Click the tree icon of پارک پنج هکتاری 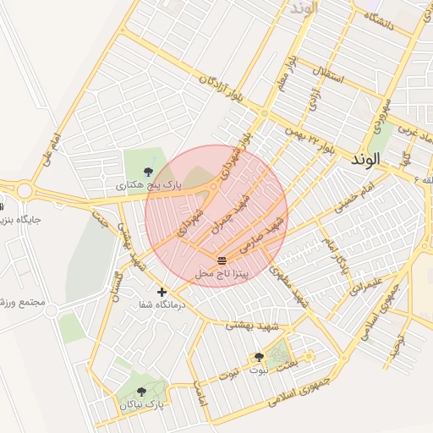[x=150, y=172]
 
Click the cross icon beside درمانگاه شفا [x=162, y=292]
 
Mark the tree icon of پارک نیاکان [x=140, y=392]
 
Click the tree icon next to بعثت [x=259, y=358]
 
